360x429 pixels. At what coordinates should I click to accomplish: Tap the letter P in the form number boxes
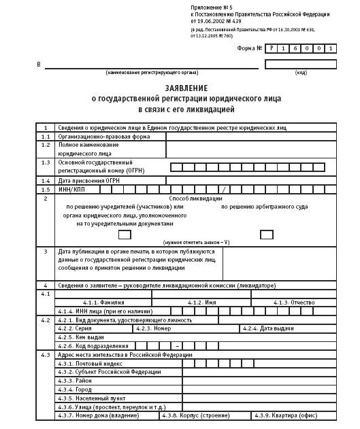[x=272, y=49]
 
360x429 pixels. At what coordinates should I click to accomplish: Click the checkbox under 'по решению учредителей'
[x=125, y=235]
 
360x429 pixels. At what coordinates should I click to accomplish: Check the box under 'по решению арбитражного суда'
[x=266, y=235]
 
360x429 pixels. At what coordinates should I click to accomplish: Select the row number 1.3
[x=46, y=162]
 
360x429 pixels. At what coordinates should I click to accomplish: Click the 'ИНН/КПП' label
[x=71, y=189]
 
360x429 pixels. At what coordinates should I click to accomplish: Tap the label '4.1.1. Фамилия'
[x=103, y=302]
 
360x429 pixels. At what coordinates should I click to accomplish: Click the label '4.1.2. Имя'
[x=201, y=302]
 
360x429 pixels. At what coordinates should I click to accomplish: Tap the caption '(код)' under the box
[x=300, y=72]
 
